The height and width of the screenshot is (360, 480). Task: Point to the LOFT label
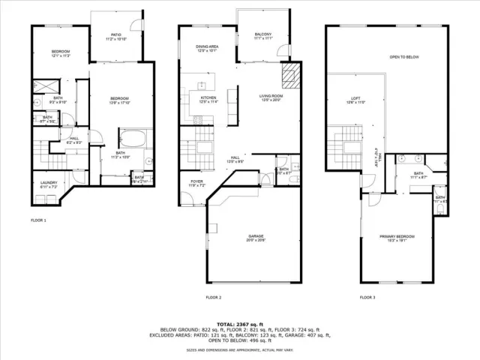point(357,100)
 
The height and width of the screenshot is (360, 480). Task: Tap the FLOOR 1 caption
point(38,220)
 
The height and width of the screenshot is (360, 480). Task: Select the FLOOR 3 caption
point(367,297)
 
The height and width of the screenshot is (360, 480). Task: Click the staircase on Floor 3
point(349,139)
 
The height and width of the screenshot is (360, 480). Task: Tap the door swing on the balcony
point(283,51)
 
